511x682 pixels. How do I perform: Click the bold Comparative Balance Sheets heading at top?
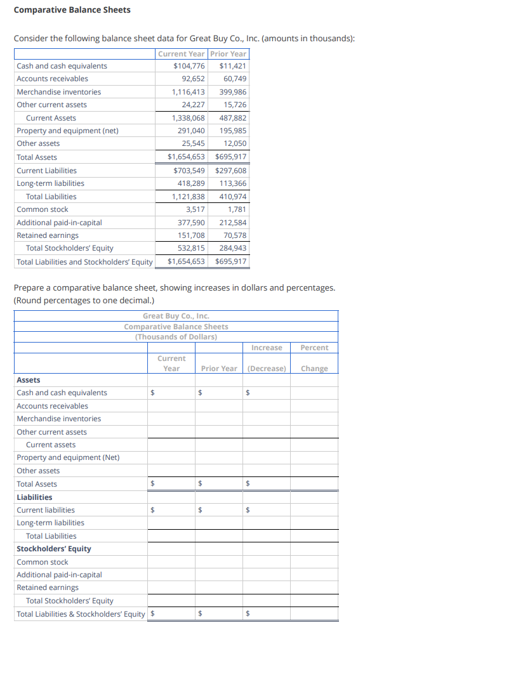click(x=72, y=10)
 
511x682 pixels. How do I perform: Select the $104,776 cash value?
click(x=189, y=66)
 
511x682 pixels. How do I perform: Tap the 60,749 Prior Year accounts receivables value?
click(x=235, y=79)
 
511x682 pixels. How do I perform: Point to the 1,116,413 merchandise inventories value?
click(x=189, y=92)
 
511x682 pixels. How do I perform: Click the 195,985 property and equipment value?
click(x=233, y=131)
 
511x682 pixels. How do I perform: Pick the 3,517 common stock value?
click(x=195, y=209)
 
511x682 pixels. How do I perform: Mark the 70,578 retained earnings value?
click(x=235, y=235)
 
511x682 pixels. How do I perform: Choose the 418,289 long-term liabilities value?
click(x=191, y=183)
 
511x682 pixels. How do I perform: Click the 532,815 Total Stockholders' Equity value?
click(x=191, y=248)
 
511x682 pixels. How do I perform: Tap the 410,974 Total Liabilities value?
click(x=233, y=197)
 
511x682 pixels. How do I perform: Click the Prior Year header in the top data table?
click(x=228, y=54)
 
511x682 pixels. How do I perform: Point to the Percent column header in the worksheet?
click(x=314, y=348)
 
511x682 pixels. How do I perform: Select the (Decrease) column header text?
click(x=267, y=369)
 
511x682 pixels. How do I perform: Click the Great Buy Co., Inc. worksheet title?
click(x=176, y=316)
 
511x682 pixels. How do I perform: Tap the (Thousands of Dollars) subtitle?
click(x=176, y=337)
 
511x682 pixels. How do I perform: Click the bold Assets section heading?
click(x=28, y=380)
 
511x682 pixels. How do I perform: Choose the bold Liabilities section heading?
click(x=34, y=497)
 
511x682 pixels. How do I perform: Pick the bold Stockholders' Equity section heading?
click(x=53, y=549)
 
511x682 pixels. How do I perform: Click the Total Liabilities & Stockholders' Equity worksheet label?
click(x=81, y=613)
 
